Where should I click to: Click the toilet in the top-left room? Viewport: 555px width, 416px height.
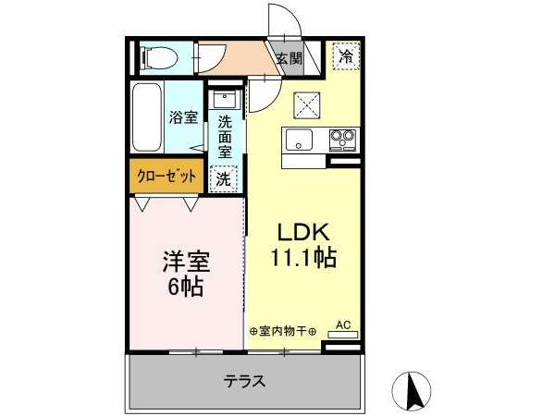pos(159,57)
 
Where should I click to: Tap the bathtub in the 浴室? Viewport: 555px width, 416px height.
pos(147,117)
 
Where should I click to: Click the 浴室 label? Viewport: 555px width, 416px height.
pos(183,117)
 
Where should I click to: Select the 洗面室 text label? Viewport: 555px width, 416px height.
pos(225,137)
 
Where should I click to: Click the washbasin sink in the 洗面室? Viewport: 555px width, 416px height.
pos(225,100)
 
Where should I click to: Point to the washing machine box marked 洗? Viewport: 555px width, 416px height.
pos(223,179)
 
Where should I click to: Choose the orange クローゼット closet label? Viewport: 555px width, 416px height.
pos(166,176)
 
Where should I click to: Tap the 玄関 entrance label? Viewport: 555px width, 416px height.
pos(290,58)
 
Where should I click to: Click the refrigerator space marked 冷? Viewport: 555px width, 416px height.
pos(346,55)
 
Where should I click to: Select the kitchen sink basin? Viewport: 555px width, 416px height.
pos(299,140)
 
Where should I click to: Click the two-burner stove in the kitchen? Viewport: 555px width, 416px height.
pos(342,140)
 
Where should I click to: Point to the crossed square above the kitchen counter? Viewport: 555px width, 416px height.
pos(306,104)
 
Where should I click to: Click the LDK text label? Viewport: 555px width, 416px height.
pos(303,232)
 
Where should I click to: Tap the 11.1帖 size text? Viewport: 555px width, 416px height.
pos(303,257)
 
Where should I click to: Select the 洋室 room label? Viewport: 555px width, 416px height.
pos(187,262)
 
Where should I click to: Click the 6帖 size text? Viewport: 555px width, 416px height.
pos(186,287)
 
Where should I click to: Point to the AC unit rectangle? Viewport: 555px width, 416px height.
pos(342,335)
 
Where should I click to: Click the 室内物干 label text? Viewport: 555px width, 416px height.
pos(282,332)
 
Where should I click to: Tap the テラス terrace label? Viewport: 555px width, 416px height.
pos(244,381)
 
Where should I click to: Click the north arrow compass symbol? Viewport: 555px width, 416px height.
pos(412,390)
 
